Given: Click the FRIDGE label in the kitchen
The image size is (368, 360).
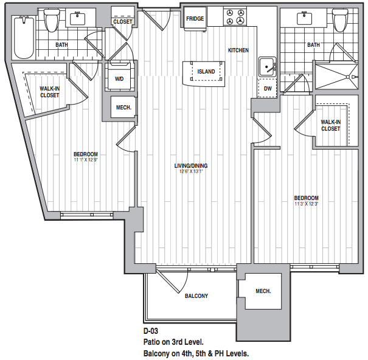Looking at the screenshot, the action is pos(195,18).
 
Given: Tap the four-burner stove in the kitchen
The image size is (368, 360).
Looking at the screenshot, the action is pos(235,16).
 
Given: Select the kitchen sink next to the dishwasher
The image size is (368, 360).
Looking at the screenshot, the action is pos(268,67).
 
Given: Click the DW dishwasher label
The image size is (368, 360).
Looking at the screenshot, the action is pos(268,88).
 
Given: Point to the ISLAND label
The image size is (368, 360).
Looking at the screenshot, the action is pos(206,72).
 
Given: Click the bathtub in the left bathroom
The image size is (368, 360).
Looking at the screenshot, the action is pos(24,37).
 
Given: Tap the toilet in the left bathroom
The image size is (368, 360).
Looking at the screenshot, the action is pos(52,21).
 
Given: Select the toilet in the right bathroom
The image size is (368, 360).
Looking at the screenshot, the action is pos(340,20).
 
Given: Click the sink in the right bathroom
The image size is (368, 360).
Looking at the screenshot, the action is pos(304,18).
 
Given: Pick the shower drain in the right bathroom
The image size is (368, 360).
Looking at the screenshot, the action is pos(348,77).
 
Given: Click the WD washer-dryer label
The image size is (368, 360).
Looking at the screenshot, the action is pos(119,79).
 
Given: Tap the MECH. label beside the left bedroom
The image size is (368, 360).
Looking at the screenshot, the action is pos(123,108).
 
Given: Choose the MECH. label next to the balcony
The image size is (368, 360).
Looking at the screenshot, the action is pos(263,291).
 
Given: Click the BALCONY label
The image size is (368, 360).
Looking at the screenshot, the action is pos(196,296).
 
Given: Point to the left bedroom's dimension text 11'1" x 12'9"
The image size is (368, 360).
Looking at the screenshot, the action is pos(86,160).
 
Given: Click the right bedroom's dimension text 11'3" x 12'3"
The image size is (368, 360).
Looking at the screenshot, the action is pos(307,204).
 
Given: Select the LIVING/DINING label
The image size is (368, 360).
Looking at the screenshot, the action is pos(191,165).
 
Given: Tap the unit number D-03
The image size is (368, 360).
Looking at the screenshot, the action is pos(151,331).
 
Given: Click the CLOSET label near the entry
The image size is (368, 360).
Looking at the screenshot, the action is pos(123,22).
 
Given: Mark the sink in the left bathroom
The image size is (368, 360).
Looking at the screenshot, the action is pos(77,19).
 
